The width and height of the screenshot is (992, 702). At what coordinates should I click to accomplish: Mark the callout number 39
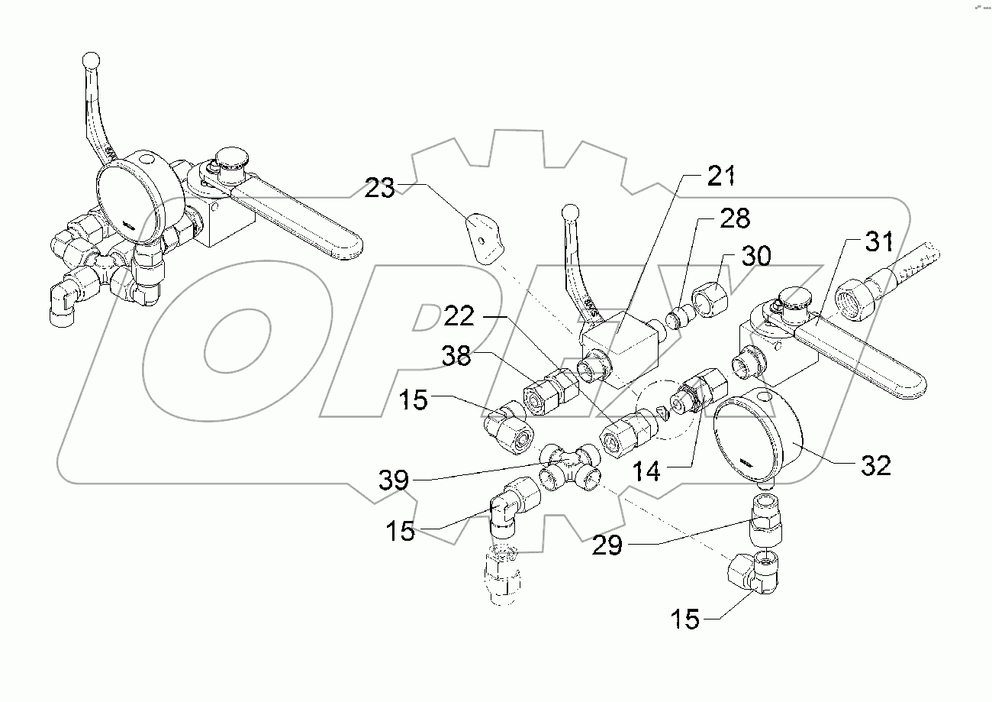(395, 480)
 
